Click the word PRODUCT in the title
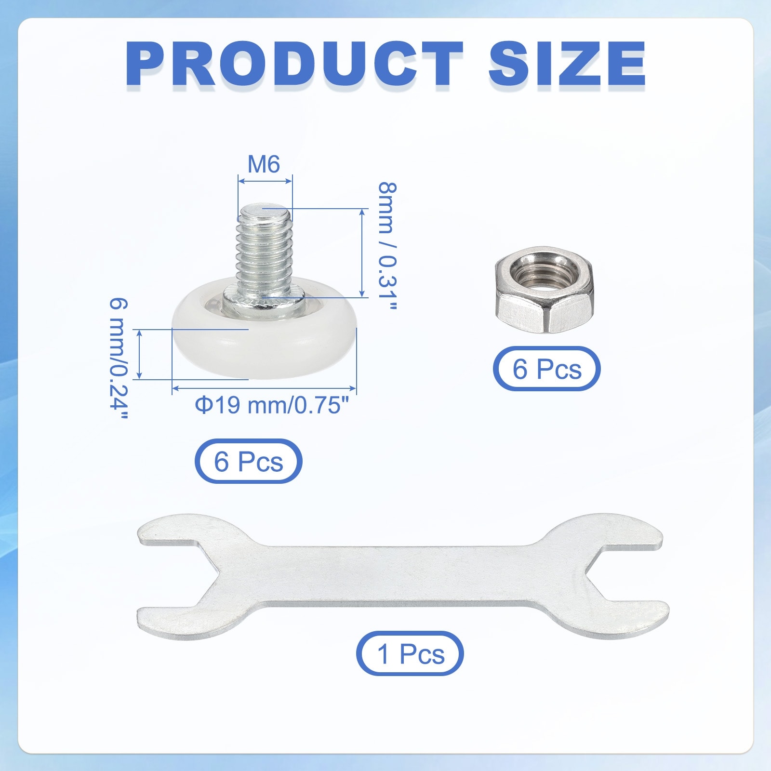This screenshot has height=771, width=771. tap(294, 64)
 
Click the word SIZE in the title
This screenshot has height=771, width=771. tap(567, 64)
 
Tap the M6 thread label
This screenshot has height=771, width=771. tap(264, 164)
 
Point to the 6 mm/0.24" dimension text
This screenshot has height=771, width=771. tap(119, 359)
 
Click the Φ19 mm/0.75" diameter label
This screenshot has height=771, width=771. tap(271, 405)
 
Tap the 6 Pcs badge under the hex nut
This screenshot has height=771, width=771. tap(547, 369)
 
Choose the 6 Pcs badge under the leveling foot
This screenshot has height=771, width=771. tap(248, 461)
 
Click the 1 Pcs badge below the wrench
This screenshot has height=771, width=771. tap(410, 653)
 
